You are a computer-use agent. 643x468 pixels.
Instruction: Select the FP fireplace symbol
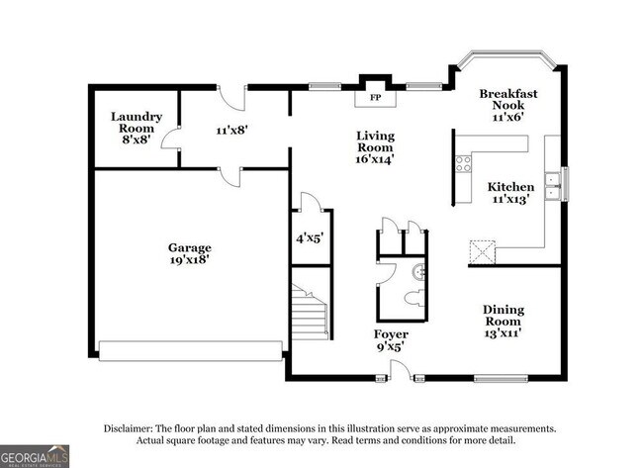coord(375,99)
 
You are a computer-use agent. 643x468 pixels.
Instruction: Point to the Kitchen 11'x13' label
coord(510,192)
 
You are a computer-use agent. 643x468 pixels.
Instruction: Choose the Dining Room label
coord(504,321)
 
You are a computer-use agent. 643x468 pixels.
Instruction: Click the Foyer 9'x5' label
coord(391,340)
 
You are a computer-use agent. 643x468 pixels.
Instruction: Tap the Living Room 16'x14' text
coord(376,148)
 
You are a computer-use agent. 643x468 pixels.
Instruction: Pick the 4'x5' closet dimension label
coord(310,237)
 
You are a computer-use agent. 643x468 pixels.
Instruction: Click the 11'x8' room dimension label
coord(232,129)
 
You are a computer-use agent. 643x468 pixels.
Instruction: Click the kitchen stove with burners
coord(461,164)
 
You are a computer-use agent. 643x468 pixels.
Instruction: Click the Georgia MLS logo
coord(36,456)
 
